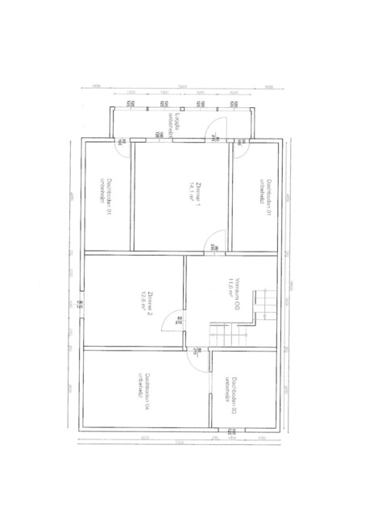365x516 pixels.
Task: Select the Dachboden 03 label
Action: pos(234,391)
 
